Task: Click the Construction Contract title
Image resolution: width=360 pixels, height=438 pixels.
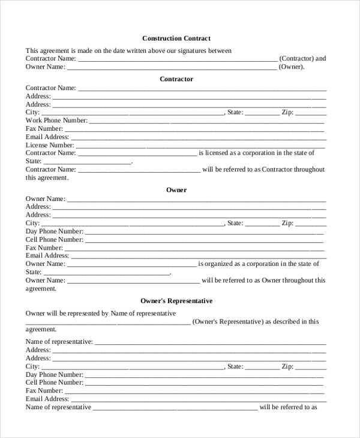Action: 176,38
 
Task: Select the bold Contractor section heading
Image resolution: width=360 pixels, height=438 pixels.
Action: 176,79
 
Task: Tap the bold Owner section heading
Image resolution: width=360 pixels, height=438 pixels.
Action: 176,190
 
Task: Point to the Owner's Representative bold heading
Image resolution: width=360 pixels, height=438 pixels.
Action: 176,301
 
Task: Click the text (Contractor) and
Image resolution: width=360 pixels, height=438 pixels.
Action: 303,59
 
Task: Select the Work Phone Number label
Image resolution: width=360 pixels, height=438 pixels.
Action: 56,121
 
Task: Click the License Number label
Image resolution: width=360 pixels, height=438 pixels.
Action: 50,145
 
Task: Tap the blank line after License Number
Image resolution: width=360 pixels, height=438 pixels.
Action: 200,146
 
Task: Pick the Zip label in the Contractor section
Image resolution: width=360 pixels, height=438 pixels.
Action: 287,112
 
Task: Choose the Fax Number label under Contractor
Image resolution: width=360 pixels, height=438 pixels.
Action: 44,129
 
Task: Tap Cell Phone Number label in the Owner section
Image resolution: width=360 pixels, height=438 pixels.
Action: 54,239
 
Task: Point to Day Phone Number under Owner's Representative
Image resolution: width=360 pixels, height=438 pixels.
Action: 54,374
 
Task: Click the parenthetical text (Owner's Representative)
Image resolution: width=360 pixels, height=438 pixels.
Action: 229,322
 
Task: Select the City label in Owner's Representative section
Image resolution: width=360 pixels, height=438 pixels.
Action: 32,366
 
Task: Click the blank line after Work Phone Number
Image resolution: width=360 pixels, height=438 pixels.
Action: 207,121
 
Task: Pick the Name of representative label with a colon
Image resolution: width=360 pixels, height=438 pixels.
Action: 59,342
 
